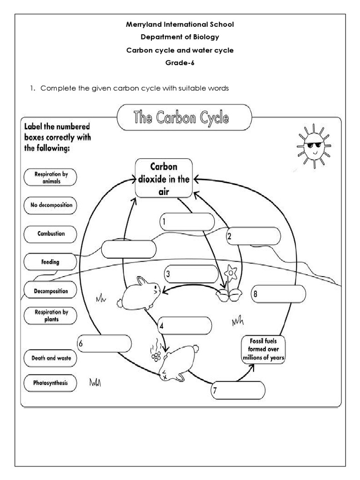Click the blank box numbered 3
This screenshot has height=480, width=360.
coord(191,274)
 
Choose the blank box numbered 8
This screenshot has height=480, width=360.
coord(278,294)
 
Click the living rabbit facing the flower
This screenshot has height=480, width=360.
coord(140,293)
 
